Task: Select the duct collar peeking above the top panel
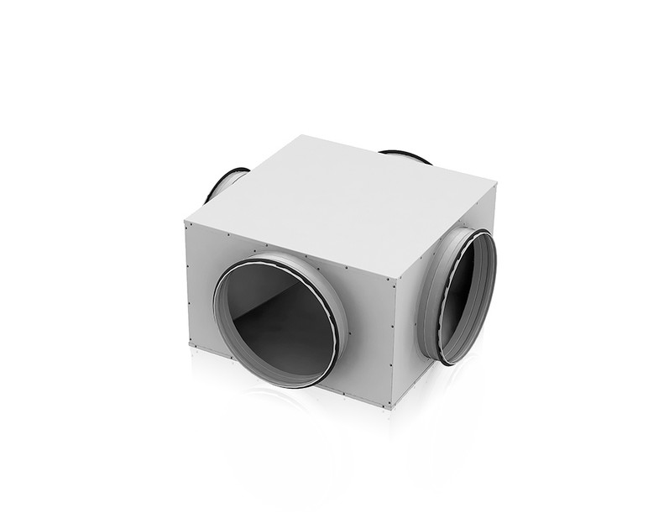405,155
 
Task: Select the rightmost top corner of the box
495,186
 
